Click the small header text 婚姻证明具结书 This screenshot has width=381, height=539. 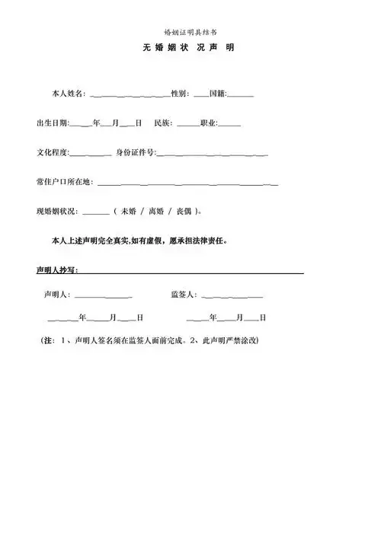190,32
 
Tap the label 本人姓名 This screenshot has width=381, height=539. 69,94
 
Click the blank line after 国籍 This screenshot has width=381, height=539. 241,96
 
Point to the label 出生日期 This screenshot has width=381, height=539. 52,123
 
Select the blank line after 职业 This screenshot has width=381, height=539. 229,125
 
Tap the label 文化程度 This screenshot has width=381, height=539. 52,152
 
